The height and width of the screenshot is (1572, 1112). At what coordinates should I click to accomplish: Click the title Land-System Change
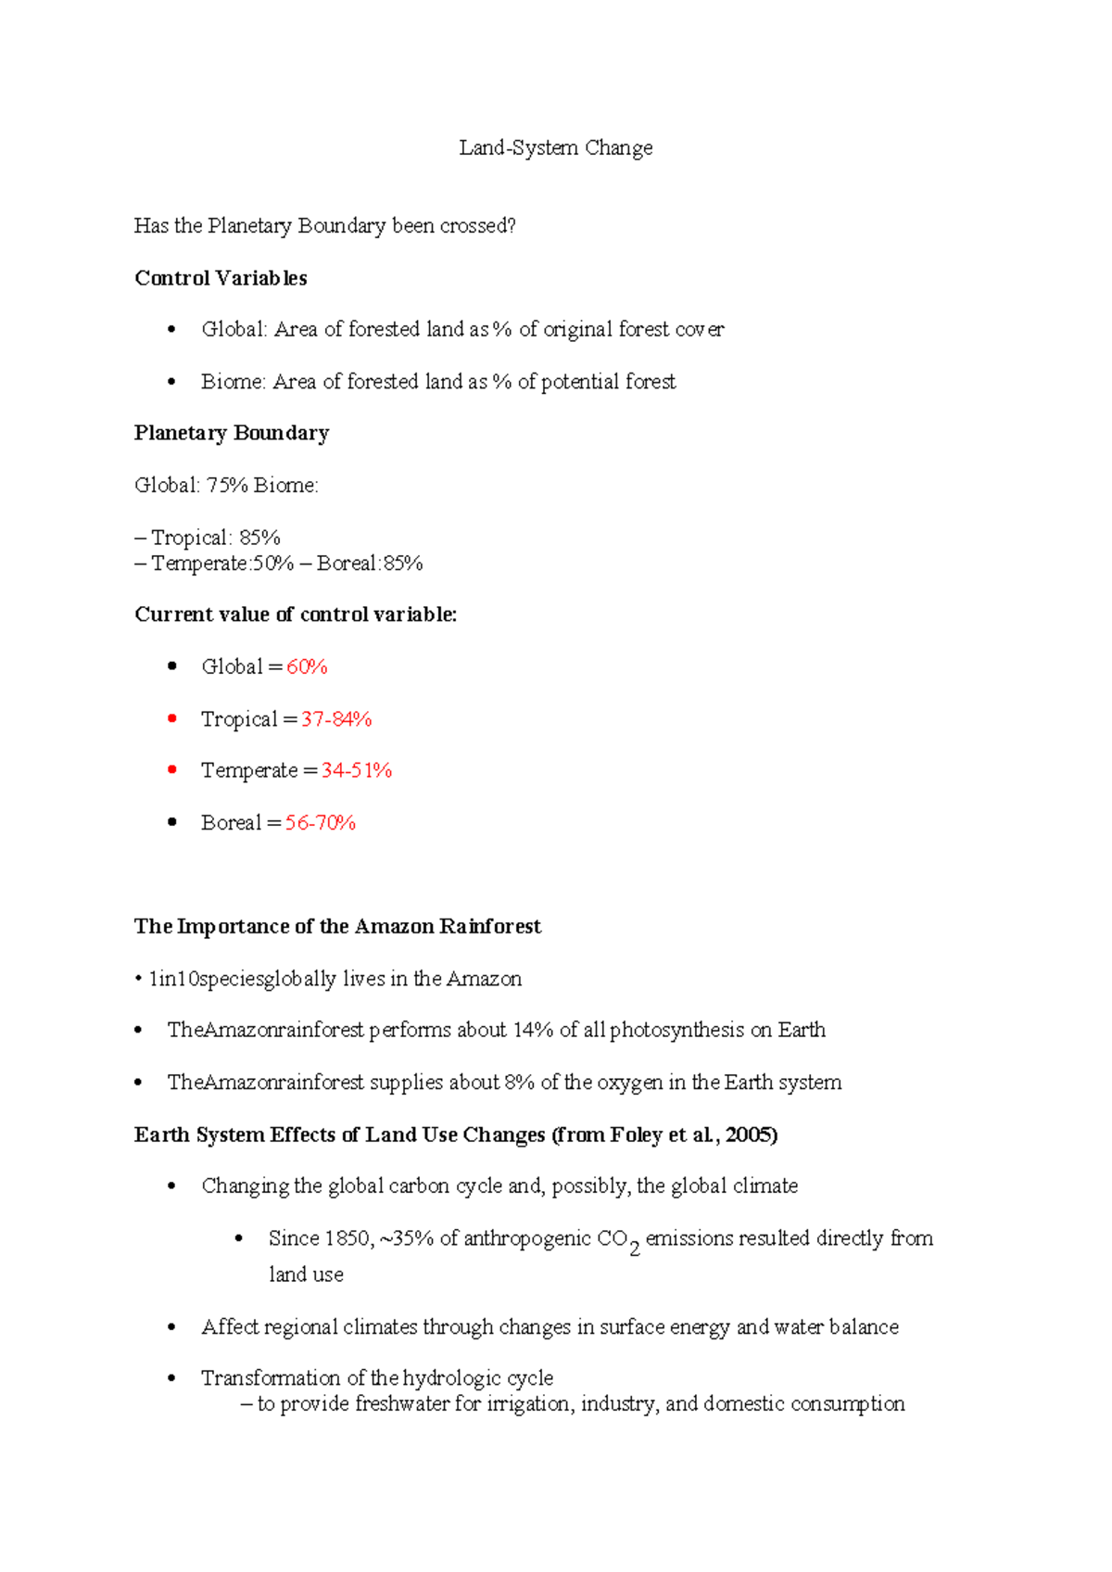click(555, 148)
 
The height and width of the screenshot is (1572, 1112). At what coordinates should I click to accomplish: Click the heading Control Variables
click(221, 278)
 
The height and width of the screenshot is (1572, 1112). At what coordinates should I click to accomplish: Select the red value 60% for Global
click(307, 666)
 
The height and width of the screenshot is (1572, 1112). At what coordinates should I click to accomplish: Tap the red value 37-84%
click(336, 719)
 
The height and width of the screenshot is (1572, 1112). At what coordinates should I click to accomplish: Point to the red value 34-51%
click(357, 770)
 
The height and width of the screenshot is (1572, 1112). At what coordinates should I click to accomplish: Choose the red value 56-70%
click(321, 823)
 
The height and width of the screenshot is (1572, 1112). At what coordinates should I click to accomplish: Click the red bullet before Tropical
click(171, 718)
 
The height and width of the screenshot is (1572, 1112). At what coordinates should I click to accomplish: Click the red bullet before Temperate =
click(171, 769)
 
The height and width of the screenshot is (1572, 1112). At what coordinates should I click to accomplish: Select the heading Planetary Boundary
click(232, 433)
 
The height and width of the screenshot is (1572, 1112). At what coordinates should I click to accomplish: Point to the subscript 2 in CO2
click(635, 1249)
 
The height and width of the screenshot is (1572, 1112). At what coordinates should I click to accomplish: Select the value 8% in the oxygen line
click(519, 1083)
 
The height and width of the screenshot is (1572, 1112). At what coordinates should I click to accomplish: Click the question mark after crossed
click(512, 226)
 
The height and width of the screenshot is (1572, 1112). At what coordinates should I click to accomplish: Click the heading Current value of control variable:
click(296, 615)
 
